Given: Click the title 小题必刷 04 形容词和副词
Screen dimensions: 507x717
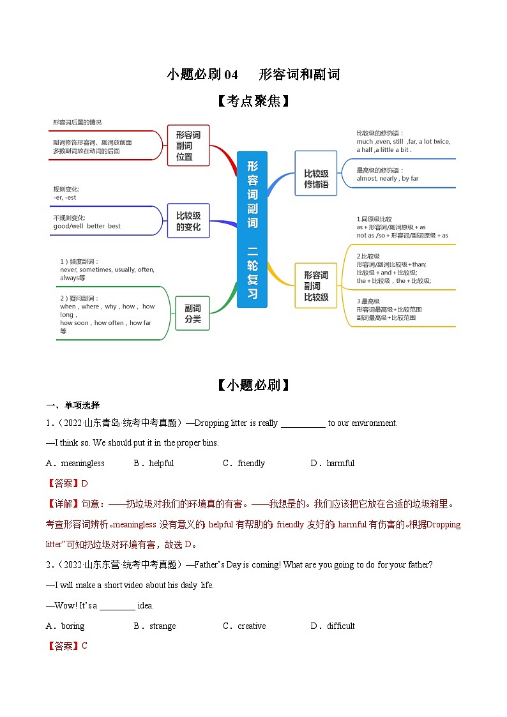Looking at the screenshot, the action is click(253, 75).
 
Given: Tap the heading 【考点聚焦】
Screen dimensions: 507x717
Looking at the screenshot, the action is click(253, 101).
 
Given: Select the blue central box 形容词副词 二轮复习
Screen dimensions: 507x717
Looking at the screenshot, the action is click(252, 229).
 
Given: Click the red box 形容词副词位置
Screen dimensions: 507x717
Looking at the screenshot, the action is click(188, 146).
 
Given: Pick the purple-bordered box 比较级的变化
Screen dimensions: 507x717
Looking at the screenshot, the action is click(188, 221).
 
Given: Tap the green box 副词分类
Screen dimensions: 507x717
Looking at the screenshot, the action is click(192, 313).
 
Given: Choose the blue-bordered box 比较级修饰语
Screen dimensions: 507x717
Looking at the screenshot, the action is click(315, 178).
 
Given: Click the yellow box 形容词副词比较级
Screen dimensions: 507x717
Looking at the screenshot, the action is click(315, 285).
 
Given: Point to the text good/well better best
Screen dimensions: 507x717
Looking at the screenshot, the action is click(87, 226).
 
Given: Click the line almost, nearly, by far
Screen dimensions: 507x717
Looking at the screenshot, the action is click(388, 179).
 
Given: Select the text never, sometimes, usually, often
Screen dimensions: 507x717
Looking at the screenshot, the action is click(107, 269).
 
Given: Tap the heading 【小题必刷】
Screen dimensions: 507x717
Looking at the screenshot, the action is click(253, 385).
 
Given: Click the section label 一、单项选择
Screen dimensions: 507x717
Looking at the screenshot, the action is click(73, 405).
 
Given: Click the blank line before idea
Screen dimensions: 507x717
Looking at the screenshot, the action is click(117, 605).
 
